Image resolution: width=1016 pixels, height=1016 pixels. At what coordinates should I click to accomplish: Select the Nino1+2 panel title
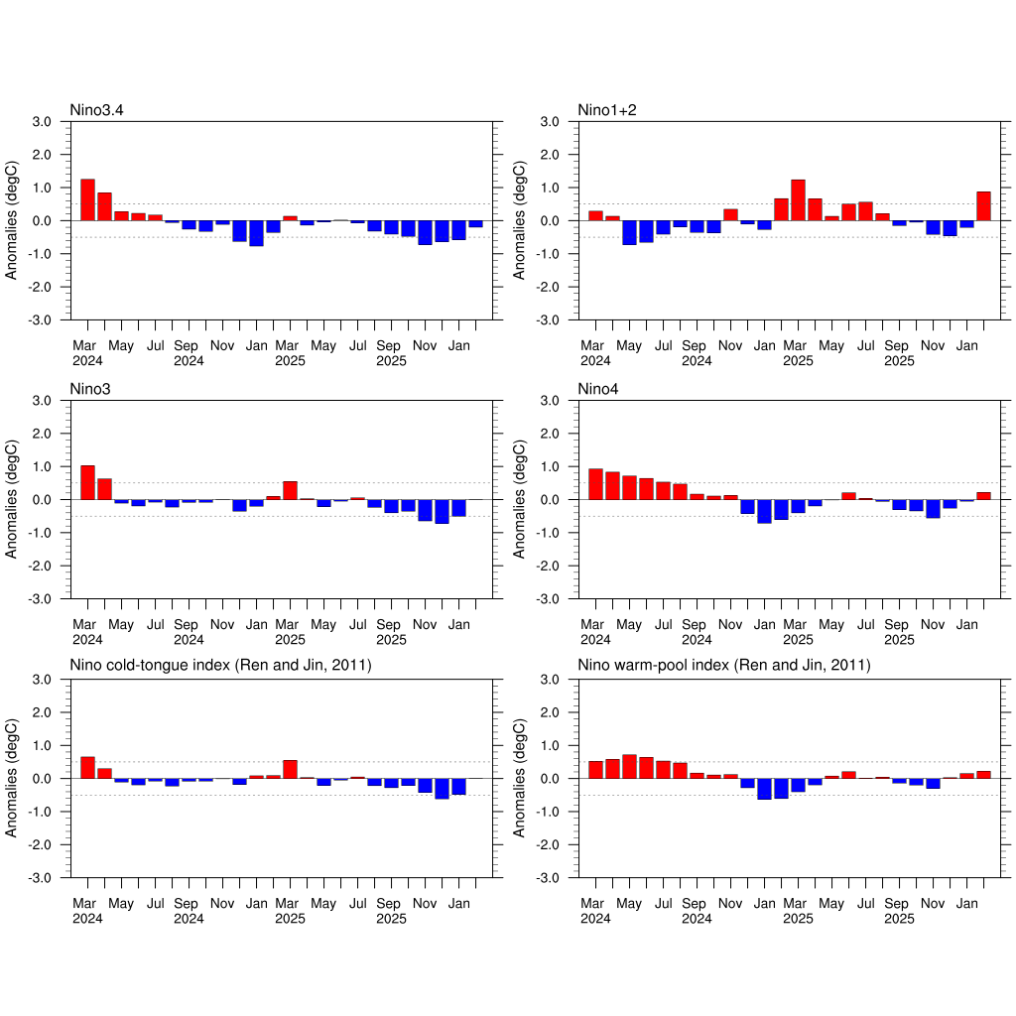coord(607,109)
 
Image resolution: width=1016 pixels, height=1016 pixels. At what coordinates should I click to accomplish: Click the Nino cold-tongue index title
coord(220,666)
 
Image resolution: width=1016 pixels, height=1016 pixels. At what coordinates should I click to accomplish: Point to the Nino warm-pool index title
coord(724,666)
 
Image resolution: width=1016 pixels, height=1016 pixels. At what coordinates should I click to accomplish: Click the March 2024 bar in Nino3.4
coord(87,200)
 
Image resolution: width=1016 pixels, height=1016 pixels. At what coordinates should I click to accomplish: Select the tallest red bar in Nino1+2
coord(798,200)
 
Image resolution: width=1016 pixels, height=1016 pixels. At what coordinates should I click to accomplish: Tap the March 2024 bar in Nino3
coord(87,483)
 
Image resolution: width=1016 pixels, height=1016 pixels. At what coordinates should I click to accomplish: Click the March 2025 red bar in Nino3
coord(290,490)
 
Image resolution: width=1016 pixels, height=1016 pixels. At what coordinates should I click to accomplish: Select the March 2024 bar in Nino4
coord(595,484)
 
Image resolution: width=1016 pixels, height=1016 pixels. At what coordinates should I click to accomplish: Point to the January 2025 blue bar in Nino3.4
coord(256,233)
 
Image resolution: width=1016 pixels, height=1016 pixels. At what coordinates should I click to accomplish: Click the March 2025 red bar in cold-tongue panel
coord(290,769)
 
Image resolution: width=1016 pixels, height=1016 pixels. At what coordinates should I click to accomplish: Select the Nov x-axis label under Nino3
coord(222,626)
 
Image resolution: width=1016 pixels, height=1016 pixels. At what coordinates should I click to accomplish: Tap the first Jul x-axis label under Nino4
coord(663,626)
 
